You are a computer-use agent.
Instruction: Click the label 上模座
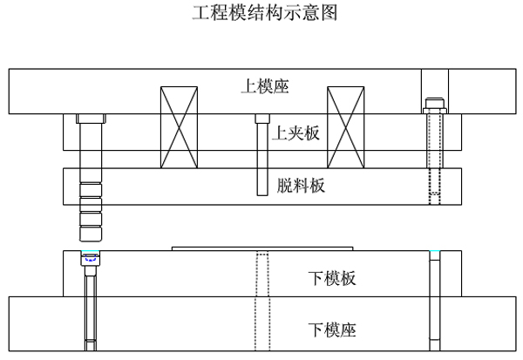tap(265, 85)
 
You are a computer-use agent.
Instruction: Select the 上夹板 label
tap(296, 133)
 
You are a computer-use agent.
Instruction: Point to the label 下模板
tap(332, 279)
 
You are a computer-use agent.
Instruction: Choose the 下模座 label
tap(332, 329)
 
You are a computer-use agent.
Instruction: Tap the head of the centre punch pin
tap(261, 118)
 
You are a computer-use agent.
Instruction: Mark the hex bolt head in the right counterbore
tap(436, 106)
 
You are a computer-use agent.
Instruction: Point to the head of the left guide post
tap(90, 118)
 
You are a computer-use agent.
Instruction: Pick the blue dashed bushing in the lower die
tap(90, 258)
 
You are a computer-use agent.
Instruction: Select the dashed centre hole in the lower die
tap(261, 301)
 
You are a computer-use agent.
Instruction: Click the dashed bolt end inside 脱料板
tap(436, 187)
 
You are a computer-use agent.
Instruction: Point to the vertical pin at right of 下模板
tap(436, 301)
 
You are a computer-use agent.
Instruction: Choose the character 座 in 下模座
tap(348, 329)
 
